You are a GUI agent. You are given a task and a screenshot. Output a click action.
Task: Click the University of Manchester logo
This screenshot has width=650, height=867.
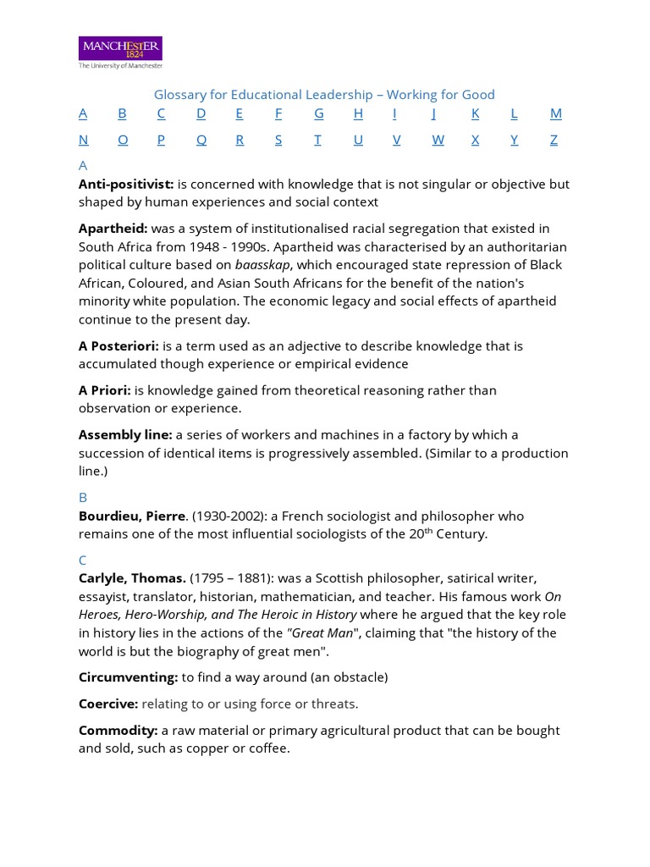120,51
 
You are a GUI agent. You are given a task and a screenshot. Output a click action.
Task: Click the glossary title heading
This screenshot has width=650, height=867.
324,95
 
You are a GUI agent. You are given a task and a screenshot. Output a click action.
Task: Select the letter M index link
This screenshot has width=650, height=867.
555,113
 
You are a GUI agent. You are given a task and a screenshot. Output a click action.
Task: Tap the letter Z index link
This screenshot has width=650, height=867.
554,140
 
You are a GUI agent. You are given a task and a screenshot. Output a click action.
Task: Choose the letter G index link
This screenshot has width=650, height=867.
319,113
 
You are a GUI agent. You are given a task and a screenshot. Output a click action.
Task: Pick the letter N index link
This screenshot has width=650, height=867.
83,140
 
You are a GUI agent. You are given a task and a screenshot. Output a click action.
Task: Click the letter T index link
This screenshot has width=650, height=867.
317,140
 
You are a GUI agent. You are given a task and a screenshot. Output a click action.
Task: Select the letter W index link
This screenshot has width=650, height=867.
438,140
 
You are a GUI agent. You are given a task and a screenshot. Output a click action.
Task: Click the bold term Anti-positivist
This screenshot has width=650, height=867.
126,184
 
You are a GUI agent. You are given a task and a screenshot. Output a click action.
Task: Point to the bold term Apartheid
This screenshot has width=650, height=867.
113,229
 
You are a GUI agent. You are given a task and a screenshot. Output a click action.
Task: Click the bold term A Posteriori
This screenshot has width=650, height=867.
118,345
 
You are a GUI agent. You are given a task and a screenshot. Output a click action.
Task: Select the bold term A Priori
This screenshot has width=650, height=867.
105,390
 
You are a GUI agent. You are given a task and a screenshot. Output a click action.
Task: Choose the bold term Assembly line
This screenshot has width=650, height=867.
125,434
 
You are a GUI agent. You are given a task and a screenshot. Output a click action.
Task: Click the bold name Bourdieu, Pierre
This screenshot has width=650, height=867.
132,516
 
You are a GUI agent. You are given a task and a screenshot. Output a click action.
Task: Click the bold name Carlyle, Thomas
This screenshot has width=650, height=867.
132,578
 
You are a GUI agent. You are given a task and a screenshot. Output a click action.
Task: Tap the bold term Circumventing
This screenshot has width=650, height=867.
129,677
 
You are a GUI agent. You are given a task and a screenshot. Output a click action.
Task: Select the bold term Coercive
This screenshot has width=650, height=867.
108,704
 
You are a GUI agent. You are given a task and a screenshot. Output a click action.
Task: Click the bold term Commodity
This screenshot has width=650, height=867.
118,731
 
